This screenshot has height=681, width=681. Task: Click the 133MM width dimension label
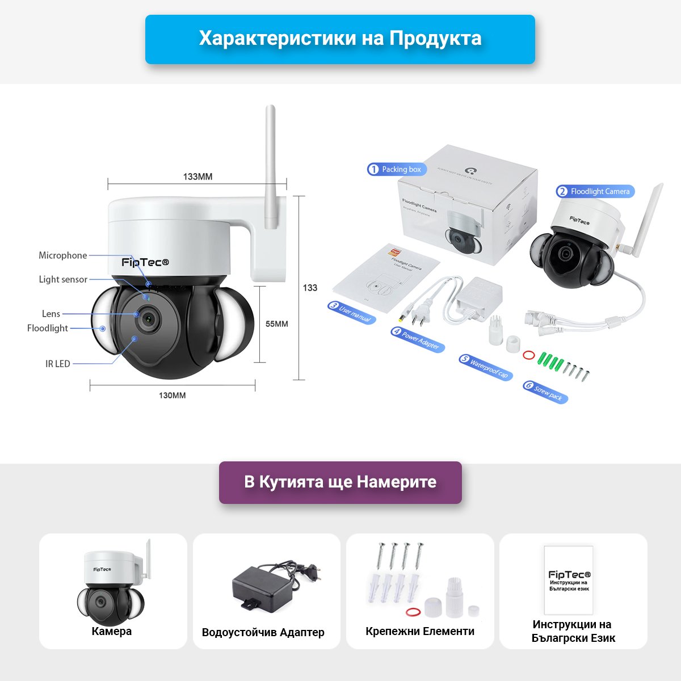pyautogui.click(x=197, y=176)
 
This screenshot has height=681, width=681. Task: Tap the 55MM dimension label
pyautogui.click(x=277, y=324)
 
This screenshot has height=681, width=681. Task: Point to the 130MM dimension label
pyautogui.click(x=172, y=395)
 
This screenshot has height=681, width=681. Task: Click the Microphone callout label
pyautogui.click(x=63, y=255)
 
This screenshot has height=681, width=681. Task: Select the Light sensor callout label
pyautogui.click(x=63, y=279)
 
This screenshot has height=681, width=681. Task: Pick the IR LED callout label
pyautogui.click(x=58, y=364)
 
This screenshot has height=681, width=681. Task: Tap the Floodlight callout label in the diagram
pyautogui.click(x=48, y=328)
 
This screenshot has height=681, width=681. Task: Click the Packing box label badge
pyautogui.click(x=397, y=169)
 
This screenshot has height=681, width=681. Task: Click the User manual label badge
pyautogui.click(x=351, y=312)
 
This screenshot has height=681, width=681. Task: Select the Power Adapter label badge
pyautogui.click(x=417, y=339)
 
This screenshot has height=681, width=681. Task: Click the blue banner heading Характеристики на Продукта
pyautogui.click(x=340, y=39)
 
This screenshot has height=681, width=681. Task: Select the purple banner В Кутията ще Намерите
pyautogui.click(x=340, y=482)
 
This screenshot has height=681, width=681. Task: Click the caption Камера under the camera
pyautogui.click(x=112, y=631)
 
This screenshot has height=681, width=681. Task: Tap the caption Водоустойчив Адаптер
pyautogui.click(x=263, y=632)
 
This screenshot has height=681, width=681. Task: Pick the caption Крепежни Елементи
pyautogui.click(x=420, y=631)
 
